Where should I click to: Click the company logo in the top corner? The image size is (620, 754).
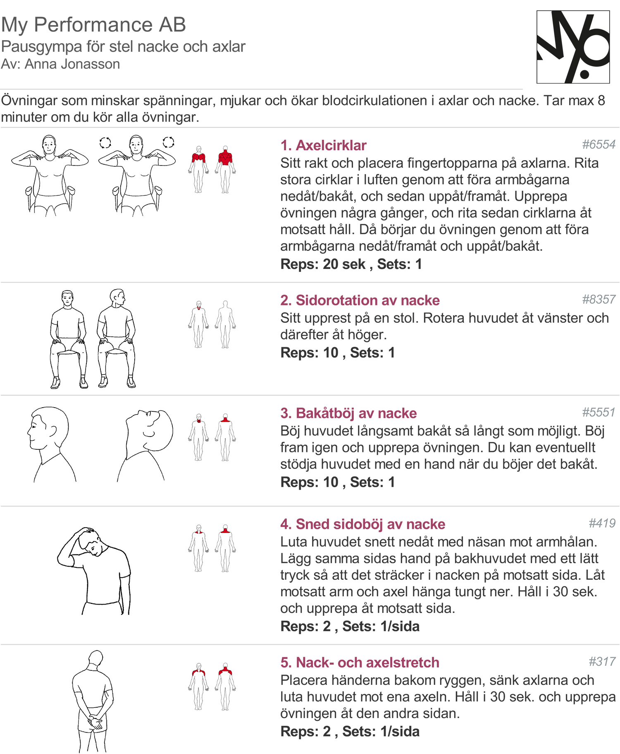click(x=573, y=47)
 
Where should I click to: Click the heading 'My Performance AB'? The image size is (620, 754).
click(x=93, y=24)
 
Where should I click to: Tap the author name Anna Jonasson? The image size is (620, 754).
click(x=72, y=64)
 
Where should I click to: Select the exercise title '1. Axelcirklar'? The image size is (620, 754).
click(x=323, y=145)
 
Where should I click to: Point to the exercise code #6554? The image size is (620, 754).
click(x=599, y=144)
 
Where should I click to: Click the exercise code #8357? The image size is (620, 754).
click(x=599, y=299)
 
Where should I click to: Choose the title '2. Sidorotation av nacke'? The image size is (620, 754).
click(x=360, y=300)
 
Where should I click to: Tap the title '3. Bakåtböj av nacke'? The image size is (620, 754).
click(x=348, y=413)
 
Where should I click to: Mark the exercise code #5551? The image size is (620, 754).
click(x=599, y=412)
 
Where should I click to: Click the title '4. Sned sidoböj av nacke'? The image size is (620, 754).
click(x=363, y=524)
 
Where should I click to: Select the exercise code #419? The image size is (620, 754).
click(x=602, y=523)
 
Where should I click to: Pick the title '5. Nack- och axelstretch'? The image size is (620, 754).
click(x=360, y=663)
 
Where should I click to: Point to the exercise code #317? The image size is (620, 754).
click(x=602, y=662)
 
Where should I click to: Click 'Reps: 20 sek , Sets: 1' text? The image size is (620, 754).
click(x=351, y=264)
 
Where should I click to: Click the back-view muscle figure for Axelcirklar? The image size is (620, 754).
click(x=225, y=169)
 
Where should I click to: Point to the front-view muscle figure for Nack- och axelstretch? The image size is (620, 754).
click(x=199, y=687)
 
